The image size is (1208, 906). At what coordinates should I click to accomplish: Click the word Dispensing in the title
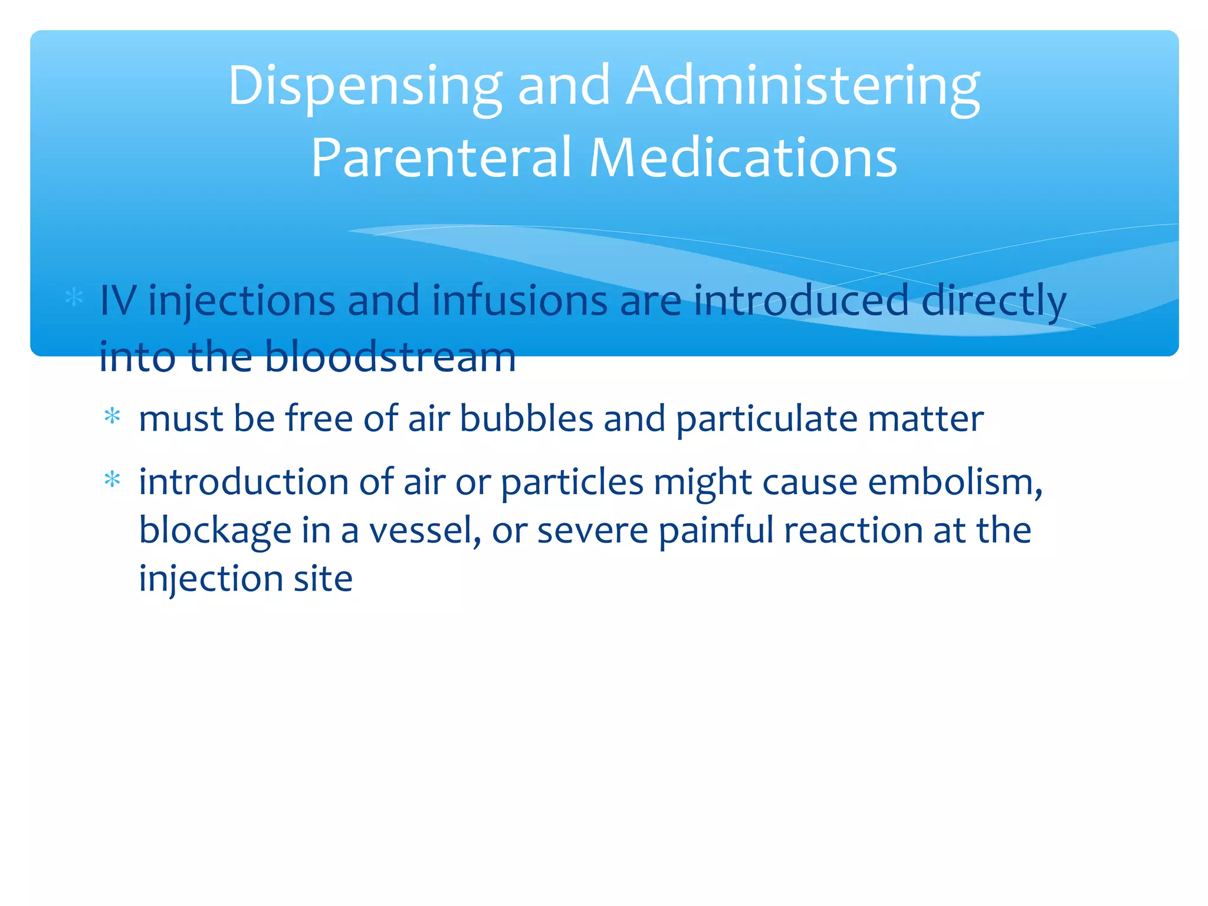point(365,87)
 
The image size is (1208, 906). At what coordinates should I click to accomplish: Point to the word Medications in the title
point(743,157)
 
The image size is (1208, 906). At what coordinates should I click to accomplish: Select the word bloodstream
point(390,356)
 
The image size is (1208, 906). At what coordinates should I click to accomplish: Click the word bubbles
point(526,419)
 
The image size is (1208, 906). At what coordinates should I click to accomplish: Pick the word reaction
point(853,530)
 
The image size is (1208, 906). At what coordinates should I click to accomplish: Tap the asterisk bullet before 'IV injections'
point(74,297)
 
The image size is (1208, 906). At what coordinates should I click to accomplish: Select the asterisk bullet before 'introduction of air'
point(112,480)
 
